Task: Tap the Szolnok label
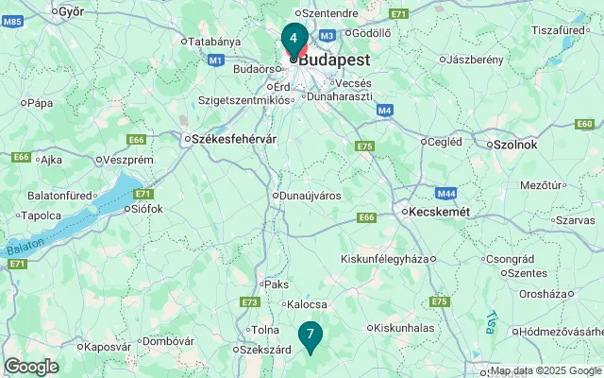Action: click(514, 145)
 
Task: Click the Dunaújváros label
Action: click(310, 196)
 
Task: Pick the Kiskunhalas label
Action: click(403, 328)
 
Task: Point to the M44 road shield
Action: click(446, 193)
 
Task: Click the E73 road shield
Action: click(249, 302)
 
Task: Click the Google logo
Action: click(30, 367)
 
